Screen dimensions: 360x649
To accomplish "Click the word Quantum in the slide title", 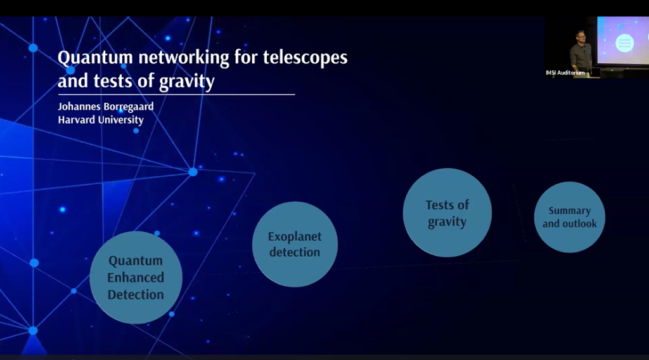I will point(88,58).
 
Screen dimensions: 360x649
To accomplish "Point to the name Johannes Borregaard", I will point(105,106).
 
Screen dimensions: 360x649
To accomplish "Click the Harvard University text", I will point(101,120).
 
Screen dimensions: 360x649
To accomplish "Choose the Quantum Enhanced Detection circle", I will point(136,277).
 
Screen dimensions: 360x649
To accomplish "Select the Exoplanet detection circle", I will point(295,244).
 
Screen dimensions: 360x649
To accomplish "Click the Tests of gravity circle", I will point(447,213).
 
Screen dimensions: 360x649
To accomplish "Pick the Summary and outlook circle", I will point(569,217).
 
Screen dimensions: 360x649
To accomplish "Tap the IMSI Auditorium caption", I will point(565,73).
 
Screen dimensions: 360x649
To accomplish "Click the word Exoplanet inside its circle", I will point(295,236).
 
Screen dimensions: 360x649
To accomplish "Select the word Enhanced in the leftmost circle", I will point(136,278).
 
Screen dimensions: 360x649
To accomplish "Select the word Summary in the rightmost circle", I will point(569,210).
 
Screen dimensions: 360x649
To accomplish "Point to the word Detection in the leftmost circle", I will point(136,295).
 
